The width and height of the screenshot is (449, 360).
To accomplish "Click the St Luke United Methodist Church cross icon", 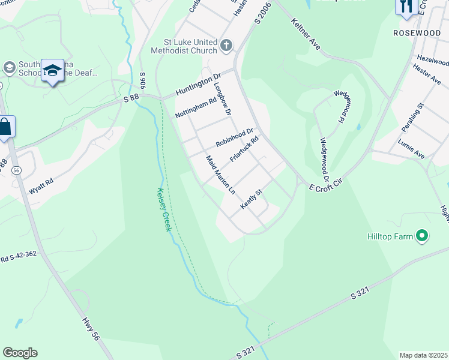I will tap(226, 44).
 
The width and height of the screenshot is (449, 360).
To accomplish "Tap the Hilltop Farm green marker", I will tap(422, 236).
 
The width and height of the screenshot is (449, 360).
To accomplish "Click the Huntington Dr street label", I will tap(199, 85).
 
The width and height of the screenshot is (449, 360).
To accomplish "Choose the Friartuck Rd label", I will tap(244, 150).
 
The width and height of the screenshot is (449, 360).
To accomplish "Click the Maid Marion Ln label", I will tap(220, 175).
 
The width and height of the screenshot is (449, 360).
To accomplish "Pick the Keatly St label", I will tap(252, 199).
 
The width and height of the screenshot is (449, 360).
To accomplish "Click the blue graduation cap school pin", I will tap(53, 71).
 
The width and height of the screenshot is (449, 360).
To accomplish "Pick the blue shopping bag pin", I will tap(5, 128).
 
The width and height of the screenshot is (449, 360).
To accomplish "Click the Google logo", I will tap(20, 353).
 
